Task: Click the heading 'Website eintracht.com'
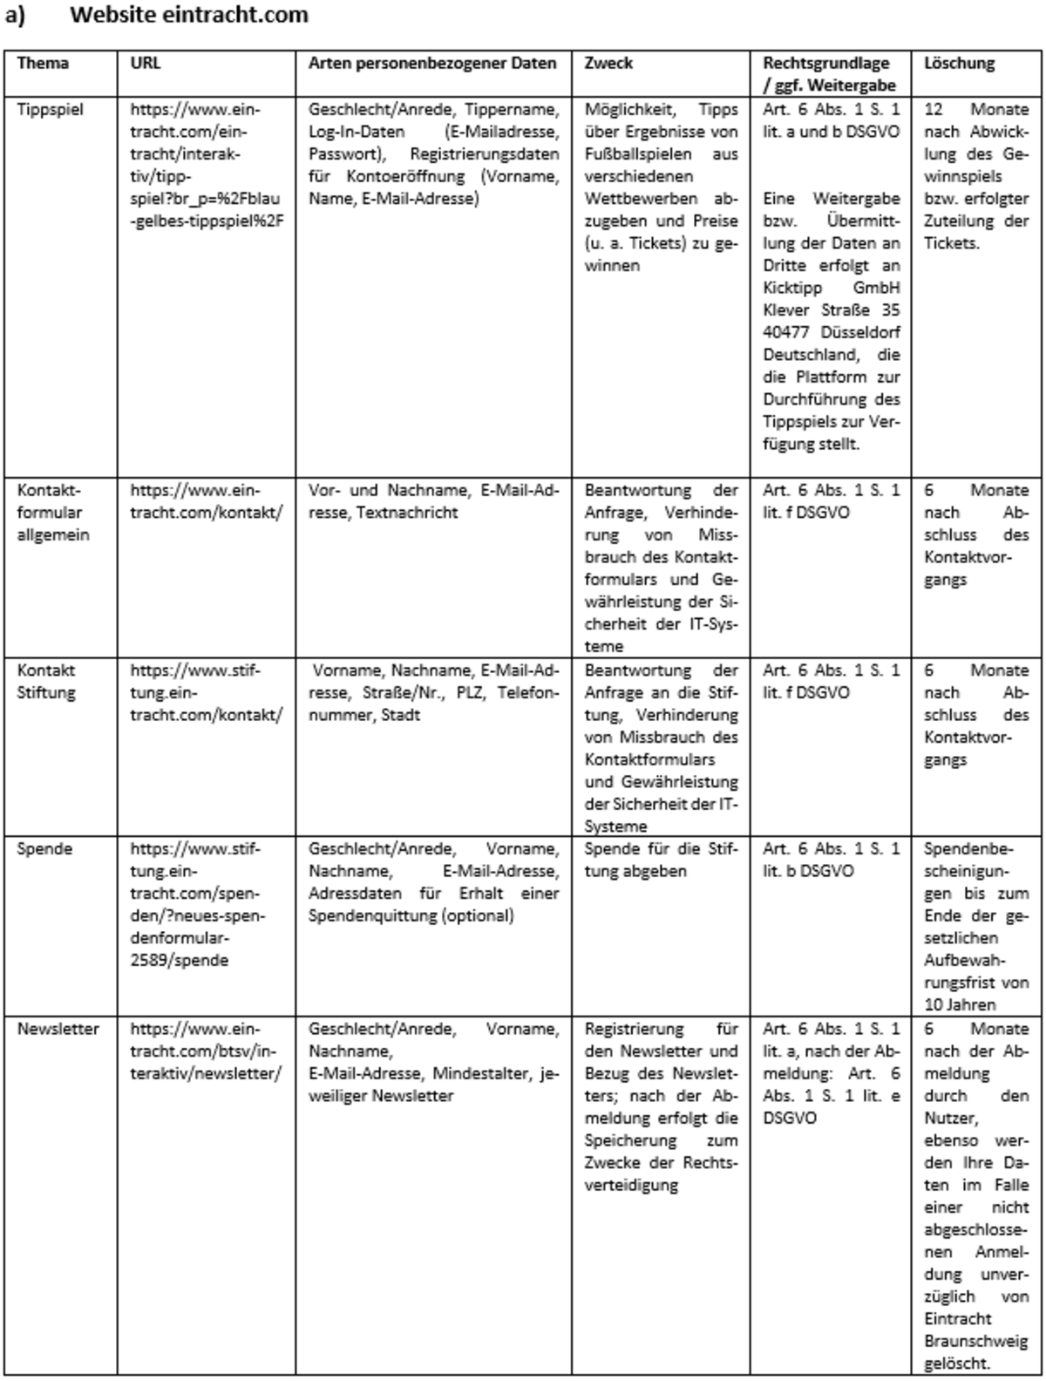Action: (x=188, y=15)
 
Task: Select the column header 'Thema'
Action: (x=43, y=64)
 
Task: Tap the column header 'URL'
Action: (x=145, y=64)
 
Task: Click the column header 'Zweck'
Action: (x=608, y=64)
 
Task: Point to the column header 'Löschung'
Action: (x=959, y=64)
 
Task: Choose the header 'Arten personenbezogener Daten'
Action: (x=432, y=64)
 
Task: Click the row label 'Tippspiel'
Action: (x=51, y=110)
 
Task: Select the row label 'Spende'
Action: (x=44, y=849)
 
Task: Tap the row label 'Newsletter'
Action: (x=58, y=1029)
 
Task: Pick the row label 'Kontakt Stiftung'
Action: (x=46, y=682)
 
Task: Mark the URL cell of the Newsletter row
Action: (x=206, y=1051)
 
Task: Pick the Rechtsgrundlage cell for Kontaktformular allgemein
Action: (x=830, y=501)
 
